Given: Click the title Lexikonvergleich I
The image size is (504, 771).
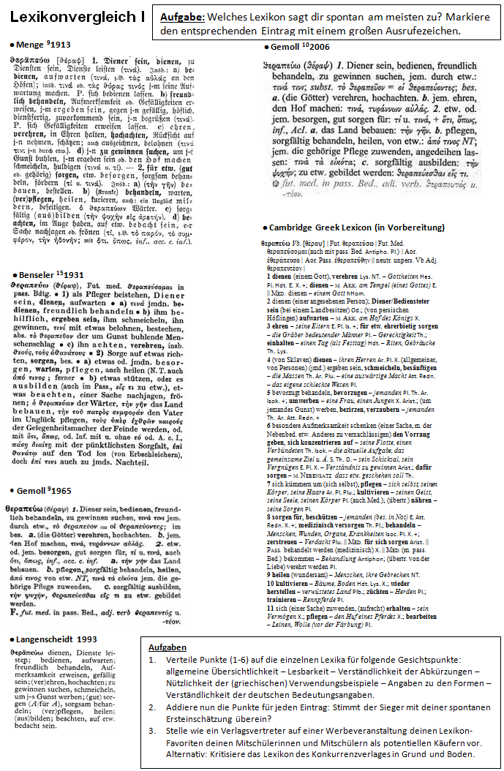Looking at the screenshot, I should coord(73,17).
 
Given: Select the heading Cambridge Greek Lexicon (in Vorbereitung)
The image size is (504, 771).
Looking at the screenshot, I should coord(356,227).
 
